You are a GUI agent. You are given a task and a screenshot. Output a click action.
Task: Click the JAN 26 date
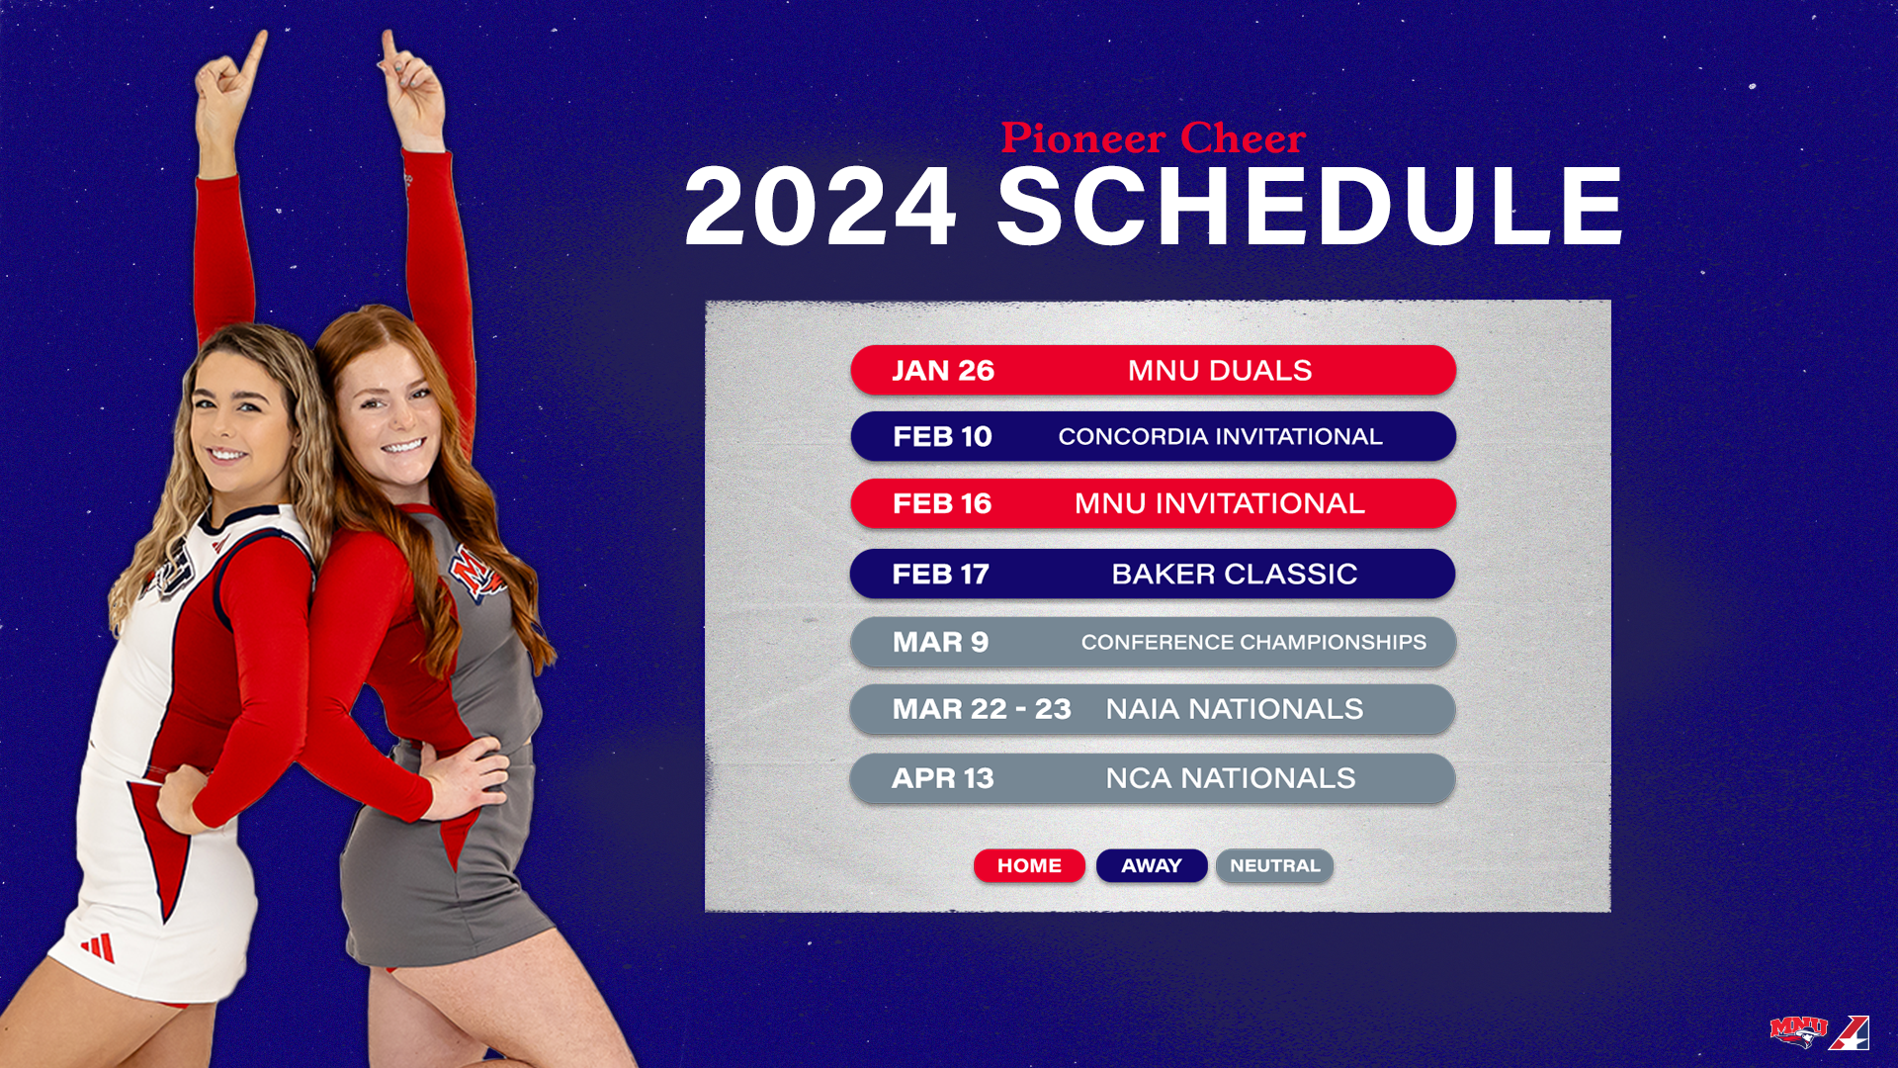[x=942, y=371]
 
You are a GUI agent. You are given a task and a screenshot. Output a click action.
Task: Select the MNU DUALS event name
[x=1220, y=371]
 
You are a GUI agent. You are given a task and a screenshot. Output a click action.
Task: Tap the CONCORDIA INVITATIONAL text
[x=1220, y=437]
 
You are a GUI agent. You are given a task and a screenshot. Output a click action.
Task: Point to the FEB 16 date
[x=941, y=504]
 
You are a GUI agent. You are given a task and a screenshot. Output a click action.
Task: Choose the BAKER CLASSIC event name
[x=1234, y=575]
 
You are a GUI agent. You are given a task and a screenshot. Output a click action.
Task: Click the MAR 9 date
[x=940, y=643]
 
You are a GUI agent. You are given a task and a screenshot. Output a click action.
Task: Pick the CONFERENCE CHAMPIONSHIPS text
[x=1253, y=643]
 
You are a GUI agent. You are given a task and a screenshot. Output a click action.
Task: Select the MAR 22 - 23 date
[x=982, y=709]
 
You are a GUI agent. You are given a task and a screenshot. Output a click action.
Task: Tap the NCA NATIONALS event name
[x=1231, y=778]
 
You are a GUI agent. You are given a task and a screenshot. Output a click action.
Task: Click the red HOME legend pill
[x=1029, y=865]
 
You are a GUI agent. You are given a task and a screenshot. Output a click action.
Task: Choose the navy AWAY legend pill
[x=1152, y=865]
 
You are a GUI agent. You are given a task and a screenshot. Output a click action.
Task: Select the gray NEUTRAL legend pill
[x=1274, y=865]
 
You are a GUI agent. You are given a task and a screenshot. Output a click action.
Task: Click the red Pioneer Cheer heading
[x=1154, y=138]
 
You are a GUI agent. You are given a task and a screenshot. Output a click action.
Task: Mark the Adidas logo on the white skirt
[x=98, y=946]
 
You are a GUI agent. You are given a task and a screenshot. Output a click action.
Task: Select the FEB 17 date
[x=940, y=575]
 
